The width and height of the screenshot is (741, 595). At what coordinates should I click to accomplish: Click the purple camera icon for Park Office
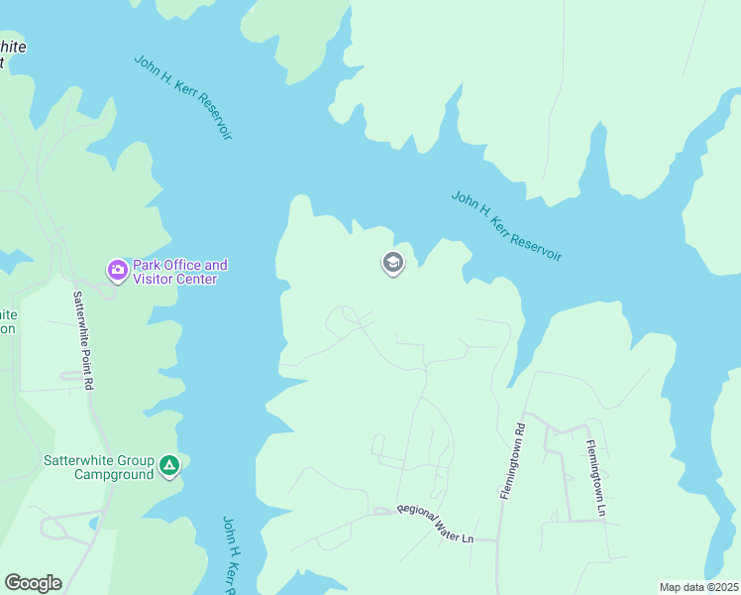pos(117,270)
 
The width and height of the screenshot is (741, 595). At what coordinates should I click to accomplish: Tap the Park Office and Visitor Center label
pos(180,272)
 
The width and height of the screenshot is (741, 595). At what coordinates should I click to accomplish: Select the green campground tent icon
pos(169,465)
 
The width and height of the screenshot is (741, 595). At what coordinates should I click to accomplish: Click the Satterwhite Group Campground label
pos(99,467)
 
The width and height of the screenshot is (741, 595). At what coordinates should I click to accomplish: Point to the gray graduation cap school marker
pos(393,263)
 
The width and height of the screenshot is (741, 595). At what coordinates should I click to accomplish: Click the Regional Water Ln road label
pos(436,522)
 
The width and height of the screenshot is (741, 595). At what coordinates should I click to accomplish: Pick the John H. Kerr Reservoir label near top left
pos(183,96)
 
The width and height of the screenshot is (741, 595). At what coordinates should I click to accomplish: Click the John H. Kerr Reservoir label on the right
pos(506,226)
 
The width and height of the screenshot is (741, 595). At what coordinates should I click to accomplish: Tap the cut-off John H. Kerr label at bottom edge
pos(229,555)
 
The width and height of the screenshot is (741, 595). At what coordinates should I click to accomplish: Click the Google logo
pos(33,583)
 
